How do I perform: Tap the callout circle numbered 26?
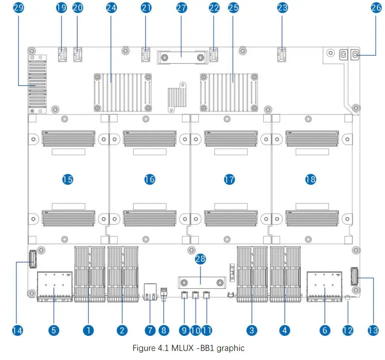pyautogui.click(x=376, y=8)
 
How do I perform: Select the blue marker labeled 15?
pyautogui.click(x=68, y=179)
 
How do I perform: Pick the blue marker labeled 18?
pyautogui.click(x=310, y=179)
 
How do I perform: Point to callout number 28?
pyautogui.click(x=201, y=259)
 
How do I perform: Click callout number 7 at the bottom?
pyautogui.click(x=149, y=330)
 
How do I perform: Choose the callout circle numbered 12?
pyautogui.click(x=347, y=330)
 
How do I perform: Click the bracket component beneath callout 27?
pyautogui.click(x=181, y=57)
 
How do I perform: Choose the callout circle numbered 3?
pyautogui.click(x=252, y=330)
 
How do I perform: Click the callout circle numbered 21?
pyautogui.click(x=146, y=8)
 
